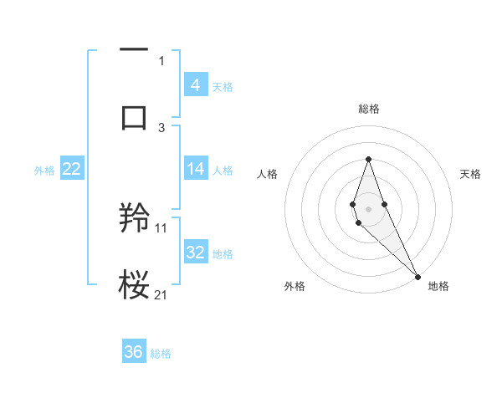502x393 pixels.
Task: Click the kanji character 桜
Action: click(134, 285)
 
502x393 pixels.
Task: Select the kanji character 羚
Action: click(134, 219)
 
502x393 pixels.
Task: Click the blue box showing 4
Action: click(195, 85)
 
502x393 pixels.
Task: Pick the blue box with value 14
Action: click(195, 169)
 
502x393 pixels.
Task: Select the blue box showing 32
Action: click(195, 253)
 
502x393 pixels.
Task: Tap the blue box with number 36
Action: click(134, 352)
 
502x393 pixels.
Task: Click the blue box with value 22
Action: click(72, 169)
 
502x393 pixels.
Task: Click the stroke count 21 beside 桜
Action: click(161, 294)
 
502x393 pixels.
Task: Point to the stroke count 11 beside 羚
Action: click(161, 227)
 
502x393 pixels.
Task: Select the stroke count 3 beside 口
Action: click(161, 127)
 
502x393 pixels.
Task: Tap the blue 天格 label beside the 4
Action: click(223, 86)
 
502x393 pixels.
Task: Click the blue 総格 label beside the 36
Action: click(161, 354)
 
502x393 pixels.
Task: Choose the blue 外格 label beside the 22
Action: click(44, 170)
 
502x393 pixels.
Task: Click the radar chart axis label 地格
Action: click(438, 286)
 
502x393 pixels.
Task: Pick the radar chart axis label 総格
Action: click(368, 109)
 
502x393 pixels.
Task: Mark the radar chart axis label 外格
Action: click(295, 286)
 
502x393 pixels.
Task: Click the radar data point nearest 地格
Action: click(417, 276)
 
